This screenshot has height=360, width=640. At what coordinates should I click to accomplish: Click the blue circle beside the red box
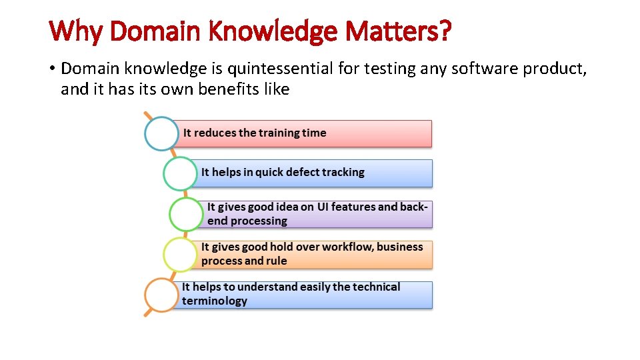click(162, 133)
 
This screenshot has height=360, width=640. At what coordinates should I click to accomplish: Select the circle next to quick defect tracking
click(181, 173)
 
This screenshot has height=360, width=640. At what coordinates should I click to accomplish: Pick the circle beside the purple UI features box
click(187, 214)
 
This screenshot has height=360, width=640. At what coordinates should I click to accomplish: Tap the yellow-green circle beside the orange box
click(181, 255)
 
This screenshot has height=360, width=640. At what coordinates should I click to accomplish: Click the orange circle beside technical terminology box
click(162, 295)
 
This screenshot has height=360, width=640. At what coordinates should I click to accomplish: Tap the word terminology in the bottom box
click(215, 301)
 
